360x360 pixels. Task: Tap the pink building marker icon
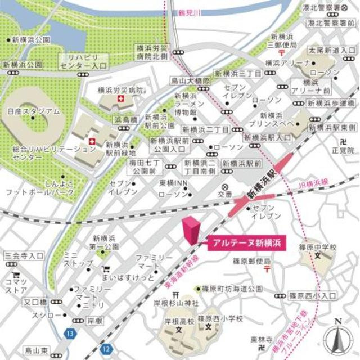tap(191, 230)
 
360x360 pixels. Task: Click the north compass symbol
tap(338, 338)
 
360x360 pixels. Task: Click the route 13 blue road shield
tap(69, 334)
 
